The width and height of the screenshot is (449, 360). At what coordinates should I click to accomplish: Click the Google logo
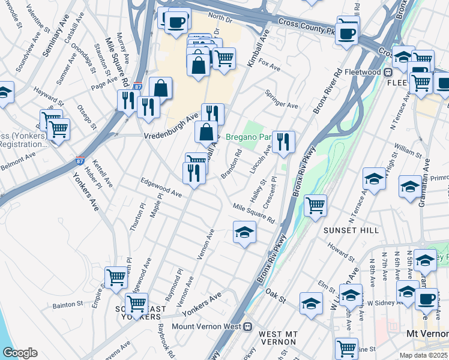click(19, 353)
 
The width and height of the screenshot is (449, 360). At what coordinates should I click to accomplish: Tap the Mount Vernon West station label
click(206, 327)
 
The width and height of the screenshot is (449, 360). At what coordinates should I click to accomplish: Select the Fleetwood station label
click(366, 72)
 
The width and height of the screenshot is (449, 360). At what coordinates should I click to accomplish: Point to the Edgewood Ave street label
click(161, 190)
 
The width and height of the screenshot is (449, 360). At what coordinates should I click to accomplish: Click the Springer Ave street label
click(283, 100)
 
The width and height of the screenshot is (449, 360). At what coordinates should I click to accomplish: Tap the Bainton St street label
click(67, 304)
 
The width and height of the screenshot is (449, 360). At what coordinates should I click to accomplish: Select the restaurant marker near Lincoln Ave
click(283, 142)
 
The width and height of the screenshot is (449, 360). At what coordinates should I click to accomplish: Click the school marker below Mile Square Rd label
click(244, 232)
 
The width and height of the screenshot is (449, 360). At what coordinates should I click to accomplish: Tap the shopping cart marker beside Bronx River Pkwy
click(315, 205)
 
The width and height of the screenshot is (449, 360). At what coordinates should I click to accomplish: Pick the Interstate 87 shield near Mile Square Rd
click(137, 86)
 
